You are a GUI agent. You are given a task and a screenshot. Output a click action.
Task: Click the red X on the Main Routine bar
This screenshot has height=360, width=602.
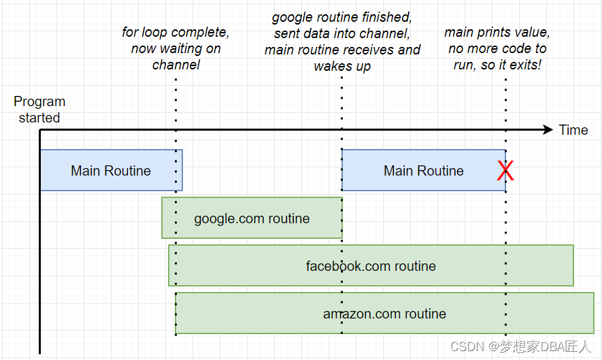505,171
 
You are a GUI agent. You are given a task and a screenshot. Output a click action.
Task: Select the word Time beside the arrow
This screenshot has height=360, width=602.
573,130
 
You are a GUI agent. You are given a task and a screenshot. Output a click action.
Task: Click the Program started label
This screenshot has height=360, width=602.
39,110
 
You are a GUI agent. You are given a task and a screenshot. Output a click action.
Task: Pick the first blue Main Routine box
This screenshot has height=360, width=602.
111,171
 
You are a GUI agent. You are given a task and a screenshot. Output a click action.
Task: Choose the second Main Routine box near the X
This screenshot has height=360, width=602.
423,171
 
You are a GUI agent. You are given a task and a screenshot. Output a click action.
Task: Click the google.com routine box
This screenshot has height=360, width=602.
252,218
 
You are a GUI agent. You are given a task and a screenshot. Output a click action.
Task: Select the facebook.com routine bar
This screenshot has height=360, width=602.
371,266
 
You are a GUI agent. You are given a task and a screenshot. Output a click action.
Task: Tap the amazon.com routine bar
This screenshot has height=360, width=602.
384,314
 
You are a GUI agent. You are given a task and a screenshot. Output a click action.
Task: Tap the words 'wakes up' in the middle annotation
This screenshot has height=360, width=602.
342,66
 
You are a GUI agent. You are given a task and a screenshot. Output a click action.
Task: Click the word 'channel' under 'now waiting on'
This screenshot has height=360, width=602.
175,65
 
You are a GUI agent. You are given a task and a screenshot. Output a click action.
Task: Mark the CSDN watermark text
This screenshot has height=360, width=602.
521,346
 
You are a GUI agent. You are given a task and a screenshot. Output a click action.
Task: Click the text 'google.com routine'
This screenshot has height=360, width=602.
252,218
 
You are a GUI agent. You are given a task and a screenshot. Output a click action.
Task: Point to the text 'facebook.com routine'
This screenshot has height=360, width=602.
371,266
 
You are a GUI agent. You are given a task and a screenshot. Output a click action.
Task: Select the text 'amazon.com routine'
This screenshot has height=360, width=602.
384,314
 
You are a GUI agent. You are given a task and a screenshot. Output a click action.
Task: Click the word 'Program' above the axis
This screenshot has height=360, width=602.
39,102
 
